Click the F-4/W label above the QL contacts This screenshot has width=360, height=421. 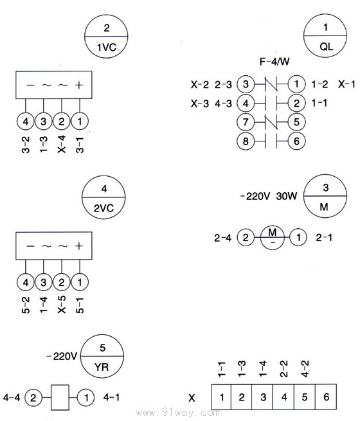click(274, 62)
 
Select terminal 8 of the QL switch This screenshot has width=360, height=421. click(246, 141)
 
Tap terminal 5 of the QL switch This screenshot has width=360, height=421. click(296, 122)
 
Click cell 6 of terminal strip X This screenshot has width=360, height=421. click(326, 397)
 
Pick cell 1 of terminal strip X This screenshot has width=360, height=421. click(221, 397)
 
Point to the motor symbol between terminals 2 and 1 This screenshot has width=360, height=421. click(272, 238)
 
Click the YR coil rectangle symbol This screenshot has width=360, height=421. click(60, 397)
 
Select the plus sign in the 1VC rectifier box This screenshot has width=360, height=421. click(79, 85)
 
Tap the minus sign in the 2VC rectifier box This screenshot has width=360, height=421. click(30, 246)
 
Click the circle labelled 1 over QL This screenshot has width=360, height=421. click(325, 35)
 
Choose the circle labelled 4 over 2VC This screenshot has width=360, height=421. click(104, 197)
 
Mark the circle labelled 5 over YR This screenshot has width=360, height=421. click(102, 356)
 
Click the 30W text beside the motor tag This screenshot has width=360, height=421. click(287, 196)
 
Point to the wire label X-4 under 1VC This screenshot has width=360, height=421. click(62, 144)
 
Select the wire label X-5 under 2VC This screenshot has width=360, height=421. click(62, 305)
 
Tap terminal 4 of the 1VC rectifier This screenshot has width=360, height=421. click(26, 121)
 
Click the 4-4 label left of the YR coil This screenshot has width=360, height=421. click(12, 397)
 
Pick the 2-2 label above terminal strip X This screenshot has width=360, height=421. click(283, 369)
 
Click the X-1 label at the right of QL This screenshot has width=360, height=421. click(346, 84)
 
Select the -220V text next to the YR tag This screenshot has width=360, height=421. click(62, 356)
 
